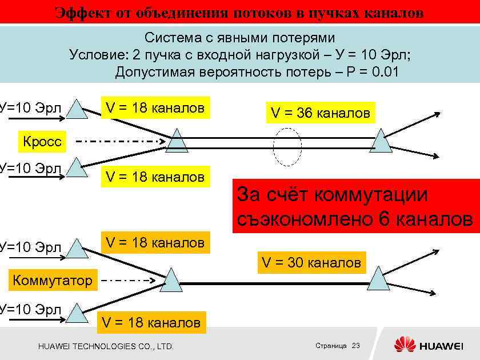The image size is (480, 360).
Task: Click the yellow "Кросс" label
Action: click(42, 141)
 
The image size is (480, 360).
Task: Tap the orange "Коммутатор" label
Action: click(52, 280)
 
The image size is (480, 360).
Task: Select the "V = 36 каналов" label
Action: click(320, 113)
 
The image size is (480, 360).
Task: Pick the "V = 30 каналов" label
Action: click(311, 262)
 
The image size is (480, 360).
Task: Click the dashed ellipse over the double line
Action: click(287, 145)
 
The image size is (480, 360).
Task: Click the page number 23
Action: click(357, 346)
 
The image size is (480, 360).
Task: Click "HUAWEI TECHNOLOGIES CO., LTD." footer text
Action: click(106, 346)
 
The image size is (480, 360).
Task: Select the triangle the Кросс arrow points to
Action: click(177, 141)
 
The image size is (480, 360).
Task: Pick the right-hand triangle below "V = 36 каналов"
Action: click(381, 141)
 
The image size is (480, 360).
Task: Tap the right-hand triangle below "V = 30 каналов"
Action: click(377, 279)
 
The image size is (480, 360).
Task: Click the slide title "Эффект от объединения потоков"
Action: click(239, 12)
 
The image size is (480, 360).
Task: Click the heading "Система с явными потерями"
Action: click(239, 38)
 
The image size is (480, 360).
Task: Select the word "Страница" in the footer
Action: click(331, 346)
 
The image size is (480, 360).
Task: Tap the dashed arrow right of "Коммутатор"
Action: click(129, 281)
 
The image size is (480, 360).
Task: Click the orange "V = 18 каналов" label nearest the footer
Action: click(151, 322)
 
